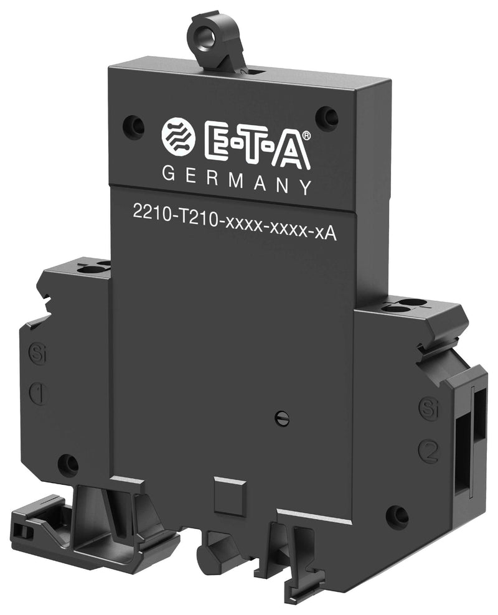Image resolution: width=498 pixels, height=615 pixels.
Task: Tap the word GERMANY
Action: click(237, 181)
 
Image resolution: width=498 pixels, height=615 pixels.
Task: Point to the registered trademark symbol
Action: click(307, 135)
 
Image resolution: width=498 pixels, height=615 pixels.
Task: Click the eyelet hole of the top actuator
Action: click(207, 37)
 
